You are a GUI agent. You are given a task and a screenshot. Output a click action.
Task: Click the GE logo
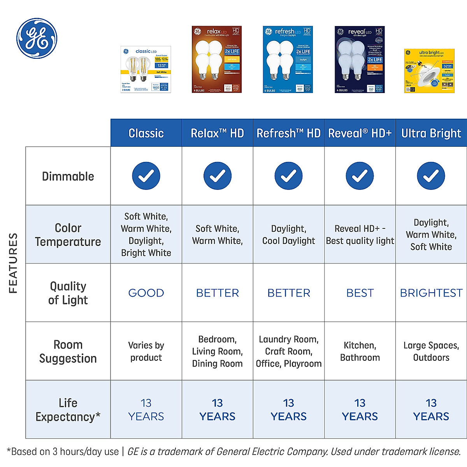37,38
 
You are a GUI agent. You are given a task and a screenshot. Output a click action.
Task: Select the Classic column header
146,133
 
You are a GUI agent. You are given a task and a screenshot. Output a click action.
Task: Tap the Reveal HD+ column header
360,133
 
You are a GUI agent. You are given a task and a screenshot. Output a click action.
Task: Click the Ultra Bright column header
431,133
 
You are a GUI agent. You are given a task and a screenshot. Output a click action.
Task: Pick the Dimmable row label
68,176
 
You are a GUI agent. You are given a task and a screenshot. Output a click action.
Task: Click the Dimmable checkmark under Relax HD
217,176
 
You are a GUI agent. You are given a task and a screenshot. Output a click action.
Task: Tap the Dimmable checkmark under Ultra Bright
431,176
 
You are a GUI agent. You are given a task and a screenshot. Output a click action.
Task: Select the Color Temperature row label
68,235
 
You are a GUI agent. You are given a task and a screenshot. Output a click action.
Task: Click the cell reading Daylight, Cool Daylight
288,235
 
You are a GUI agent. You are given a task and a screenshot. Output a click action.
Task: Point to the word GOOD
146,293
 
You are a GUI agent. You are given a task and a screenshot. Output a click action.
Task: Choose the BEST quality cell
360,293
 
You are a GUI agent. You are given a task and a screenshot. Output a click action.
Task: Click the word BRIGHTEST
431,293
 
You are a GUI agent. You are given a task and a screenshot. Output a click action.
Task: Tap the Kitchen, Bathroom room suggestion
360,351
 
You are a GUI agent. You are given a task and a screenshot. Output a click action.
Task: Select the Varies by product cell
146,351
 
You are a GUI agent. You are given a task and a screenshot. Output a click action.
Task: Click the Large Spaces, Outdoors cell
431,351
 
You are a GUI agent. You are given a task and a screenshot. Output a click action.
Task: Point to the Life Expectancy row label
68,409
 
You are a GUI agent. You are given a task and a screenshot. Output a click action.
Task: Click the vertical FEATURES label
13,263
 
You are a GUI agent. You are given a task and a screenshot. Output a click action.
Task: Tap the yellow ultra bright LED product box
429,71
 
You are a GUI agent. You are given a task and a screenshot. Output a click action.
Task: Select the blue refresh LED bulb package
288,60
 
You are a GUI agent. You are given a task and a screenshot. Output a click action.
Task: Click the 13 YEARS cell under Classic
146,409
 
